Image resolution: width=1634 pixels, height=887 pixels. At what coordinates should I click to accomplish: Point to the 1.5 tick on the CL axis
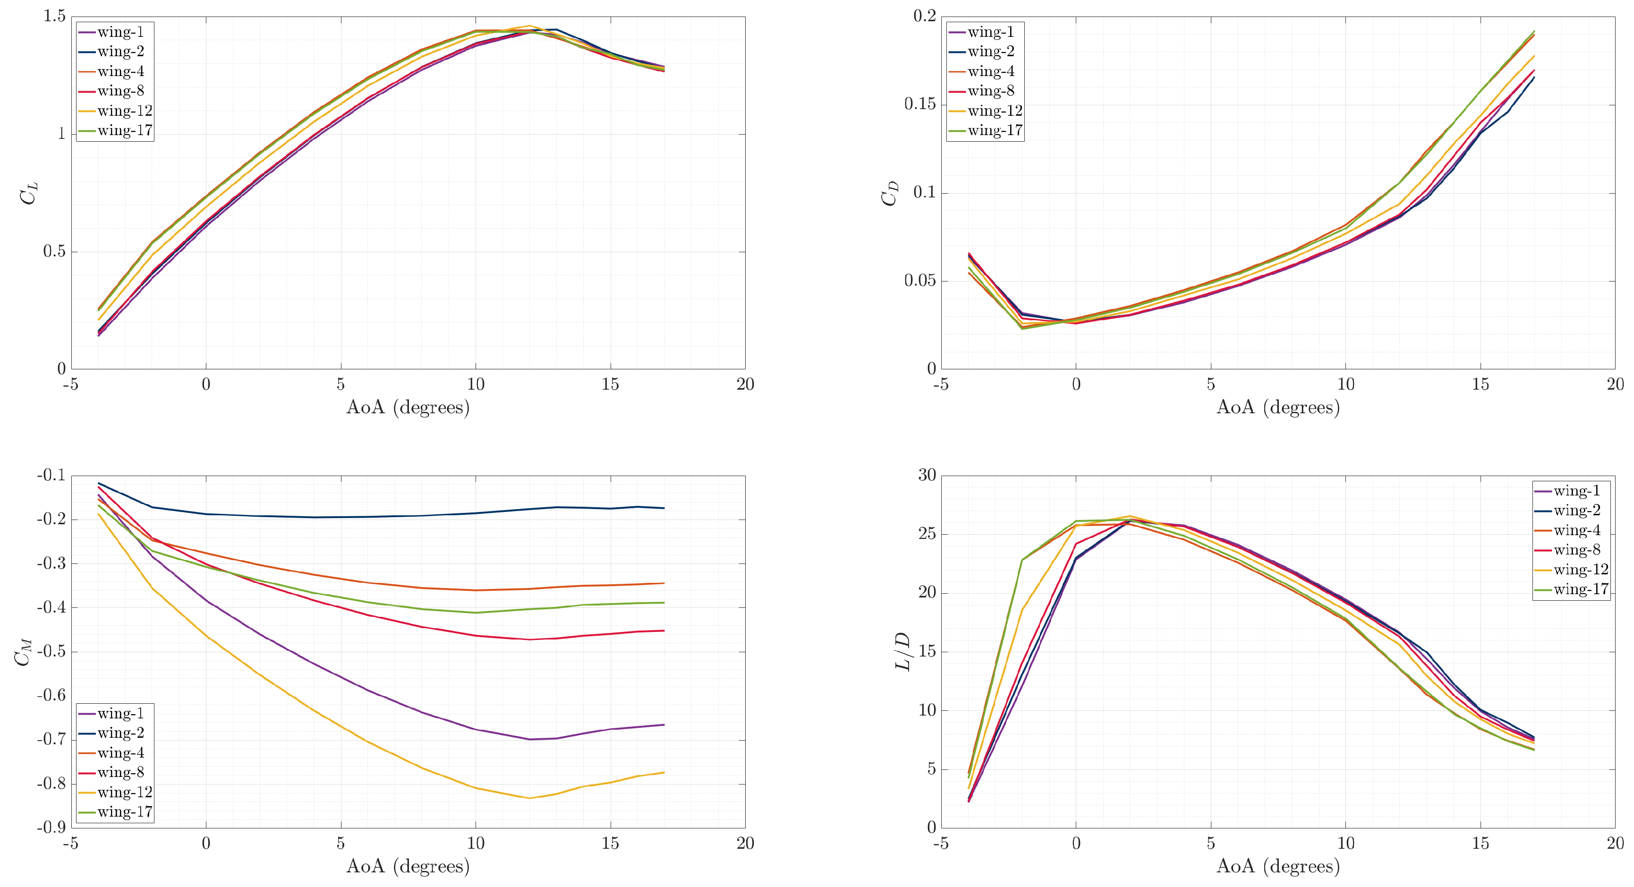55,16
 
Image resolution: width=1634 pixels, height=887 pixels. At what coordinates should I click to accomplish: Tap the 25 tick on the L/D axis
928,534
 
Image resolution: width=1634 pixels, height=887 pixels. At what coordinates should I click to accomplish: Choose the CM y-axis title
24,652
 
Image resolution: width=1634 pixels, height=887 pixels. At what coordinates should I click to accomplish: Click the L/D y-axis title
902,652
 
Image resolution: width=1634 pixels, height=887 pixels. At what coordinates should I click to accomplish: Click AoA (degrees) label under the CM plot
408,866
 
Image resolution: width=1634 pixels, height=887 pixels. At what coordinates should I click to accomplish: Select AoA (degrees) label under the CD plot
1278,407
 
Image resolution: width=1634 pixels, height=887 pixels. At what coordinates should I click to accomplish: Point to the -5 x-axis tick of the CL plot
70,384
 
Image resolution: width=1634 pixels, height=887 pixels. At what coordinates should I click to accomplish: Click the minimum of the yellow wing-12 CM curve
530,798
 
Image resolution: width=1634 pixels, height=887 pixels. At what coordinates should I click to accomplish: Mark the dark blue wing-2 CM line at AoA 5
340,517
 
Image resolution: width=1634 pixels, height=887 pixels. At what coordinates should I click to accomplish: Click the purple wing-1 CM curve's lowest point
530,739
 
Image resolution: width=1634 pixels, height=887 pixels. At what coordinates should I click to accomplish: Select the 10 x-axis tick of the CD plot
1345,384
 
